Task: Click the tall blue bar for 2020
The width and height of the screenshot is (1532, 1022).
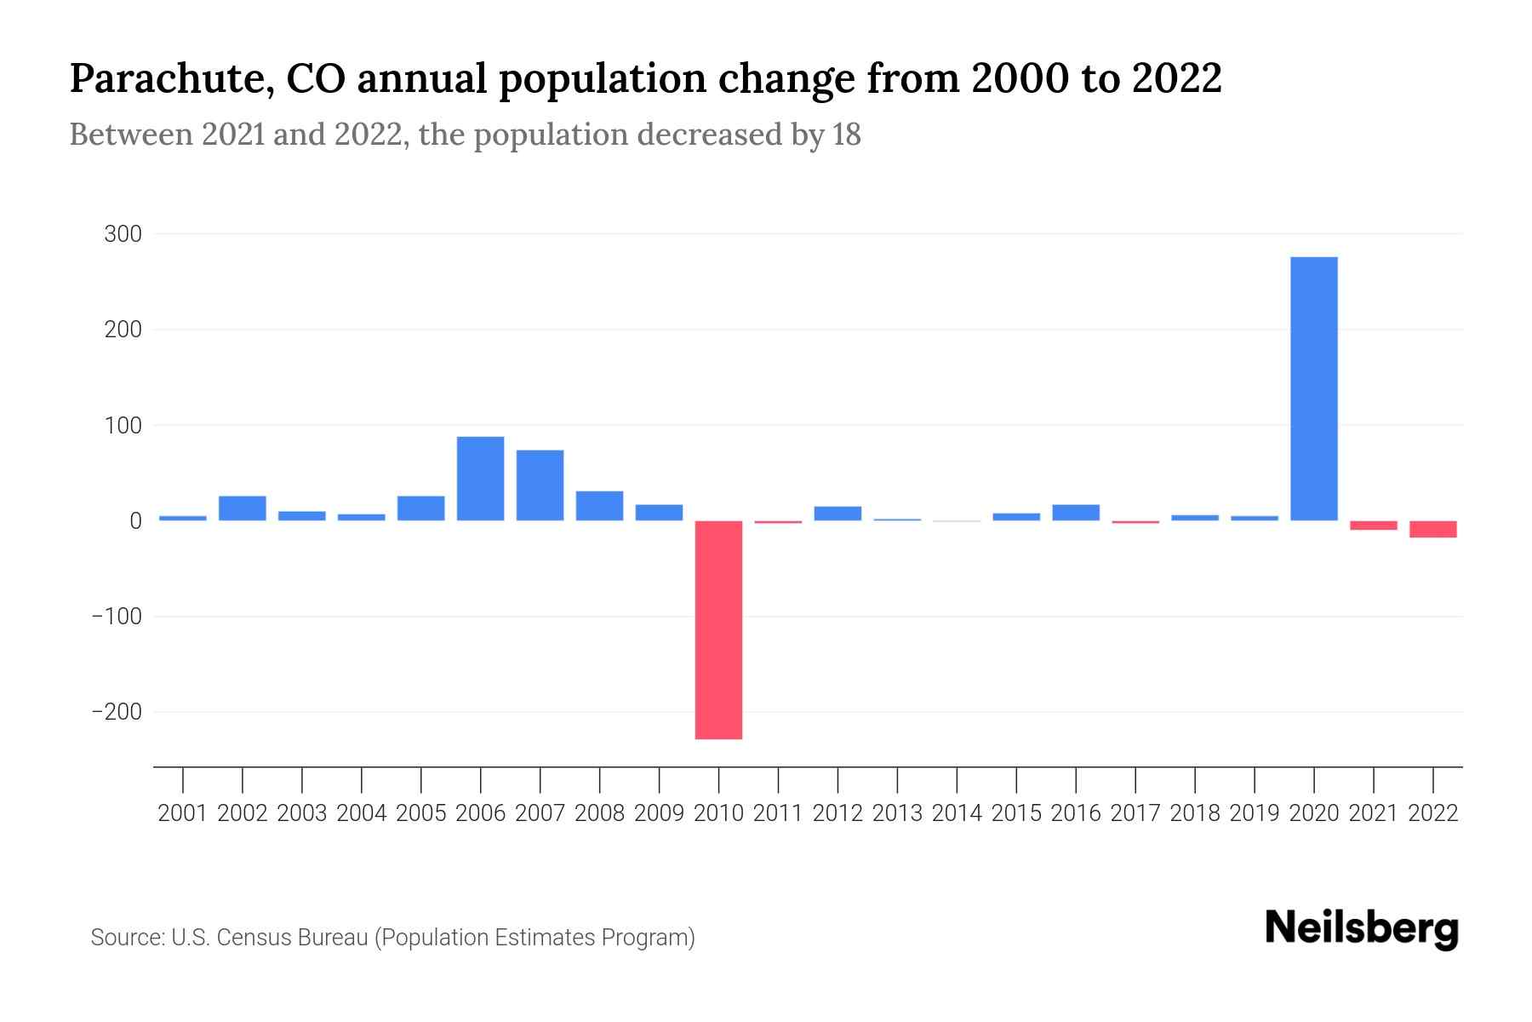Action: point(1313,388)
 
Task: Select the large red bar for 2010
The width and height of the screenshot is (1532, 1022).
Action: point(718,629)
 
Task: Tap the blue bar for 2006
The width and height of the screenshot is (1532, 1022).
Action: point(480,479)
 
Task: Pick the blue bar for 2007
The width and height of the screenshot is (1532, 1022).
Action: point(540,485)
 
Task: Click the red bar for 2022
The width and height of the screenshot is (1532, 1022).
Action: point(1432,529)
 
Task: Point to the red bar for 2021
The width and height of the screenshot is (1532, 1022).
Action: point(1373,525)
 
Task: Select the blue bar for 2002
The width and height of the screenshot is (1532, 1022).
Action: point(243,508)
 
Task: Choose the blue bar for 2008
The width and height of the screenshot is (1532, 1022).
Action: point(599,506)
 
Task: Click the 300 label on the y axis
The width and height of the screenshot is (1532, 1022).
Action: point(123,234)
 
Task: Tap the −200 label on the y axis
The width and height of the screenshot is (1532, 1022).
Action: point(117,712)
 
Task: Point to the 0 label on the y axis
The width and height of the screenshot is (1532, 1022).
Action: point(134,520)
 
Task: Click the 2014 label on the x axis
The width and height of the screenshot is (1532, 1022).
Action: point(957,813)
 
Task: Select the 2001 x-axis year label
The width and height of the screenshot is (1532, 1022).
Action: point(183,813)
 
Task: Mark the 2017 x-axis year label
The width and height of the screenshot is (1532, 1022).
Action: point(1135,813)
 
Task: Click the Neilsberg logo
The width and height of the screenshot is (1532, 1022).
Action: point(1362,929)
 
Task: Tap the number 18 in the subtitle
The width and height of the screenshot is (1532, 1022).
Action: point(847,135)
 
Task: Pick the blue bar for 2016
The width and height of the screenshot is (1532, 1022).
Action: point(1076,513)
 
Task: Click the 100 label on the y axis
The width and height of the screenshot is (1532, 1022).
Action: point(123,425)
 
